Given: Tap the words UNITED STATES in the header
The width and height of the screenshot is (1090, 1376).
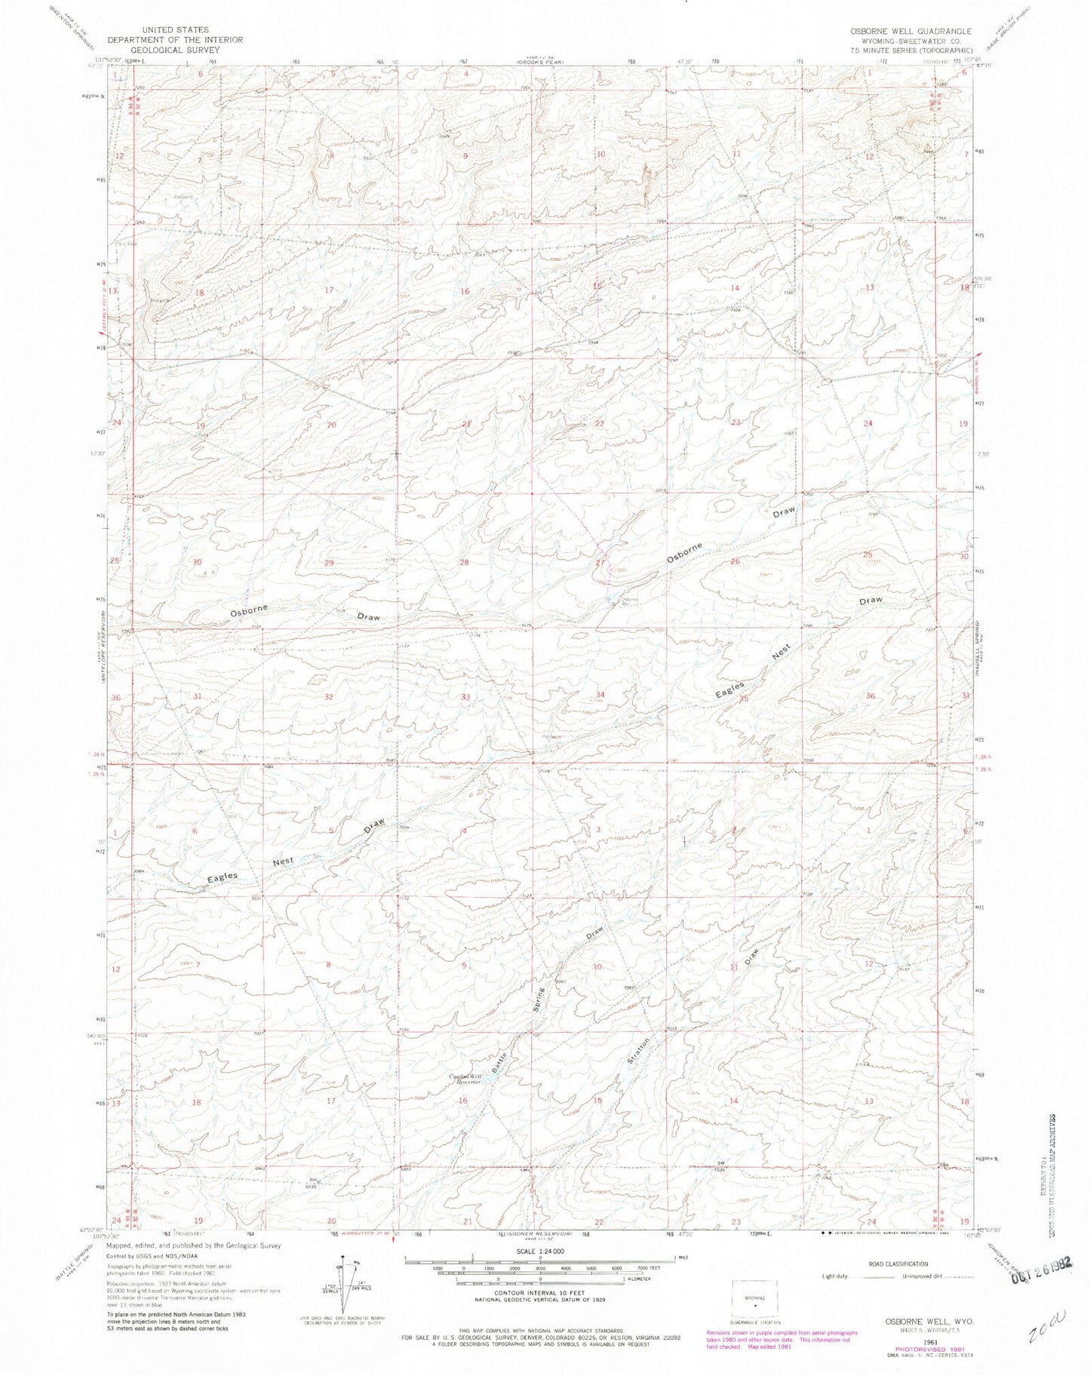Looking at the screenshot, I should [175, 29].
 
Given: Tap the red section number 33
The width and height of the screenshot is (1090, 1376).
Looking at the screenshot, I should [466, 697].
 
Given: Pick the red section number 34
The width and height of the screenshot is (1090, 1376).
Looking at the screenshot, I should [600, 694].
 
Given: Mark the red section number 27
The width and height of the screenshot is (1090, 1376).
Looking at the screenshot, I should [600, 563].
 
